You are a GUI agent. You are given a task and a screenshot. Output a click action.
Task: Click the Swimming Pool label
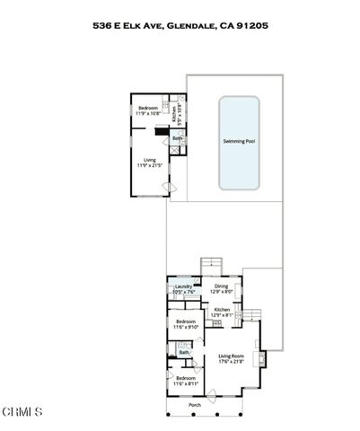(239, 141)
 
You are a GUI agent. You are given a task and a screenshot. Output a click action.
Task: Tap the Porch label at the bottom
(195, 405)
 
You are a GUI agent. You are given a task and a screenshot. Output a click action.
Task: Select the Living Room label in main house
(231, 356)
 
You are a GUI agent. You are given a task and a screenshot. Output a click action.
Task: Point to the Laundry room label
(183, 286)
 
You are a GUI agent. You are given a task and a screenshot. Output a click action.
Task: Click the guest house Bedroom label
(148, 109)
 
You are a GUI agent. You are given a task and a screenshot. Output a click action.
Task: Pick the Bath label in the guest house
(177, 138)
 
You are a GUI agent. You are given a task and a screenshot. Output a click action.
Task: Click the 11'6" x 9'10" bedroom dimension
(186, 327)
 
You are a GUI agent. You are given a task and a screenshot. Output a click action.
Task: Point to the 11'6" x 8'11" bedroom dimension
(185, 384)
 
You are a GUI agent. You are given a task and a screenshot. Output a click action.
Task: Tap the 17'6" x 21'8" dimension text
(231, 363)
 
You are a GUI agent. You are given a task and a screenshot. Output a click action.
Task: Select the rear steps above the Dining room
(211, 263)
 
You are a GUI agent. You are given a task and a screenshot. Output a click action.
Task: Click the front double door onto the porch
(207, 395)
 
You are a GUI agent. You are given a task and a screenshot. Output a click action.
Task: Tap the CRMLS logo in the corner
(22, 412)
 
